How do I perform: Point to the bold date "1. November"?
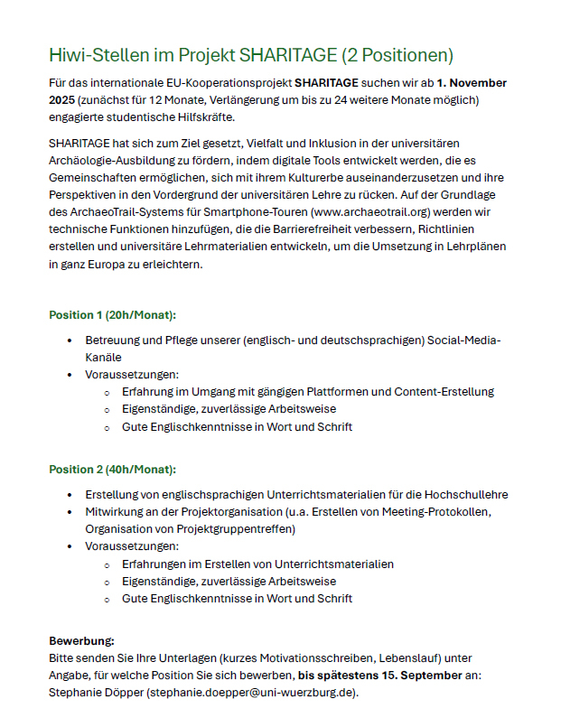tap(472, 82)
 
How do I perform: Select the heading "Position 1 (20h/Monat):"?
tap(112, 315)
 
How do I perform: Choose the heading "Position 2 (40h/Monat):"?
tap(112, 470)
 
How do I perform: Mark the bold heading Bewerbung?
tap(81, 641)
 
